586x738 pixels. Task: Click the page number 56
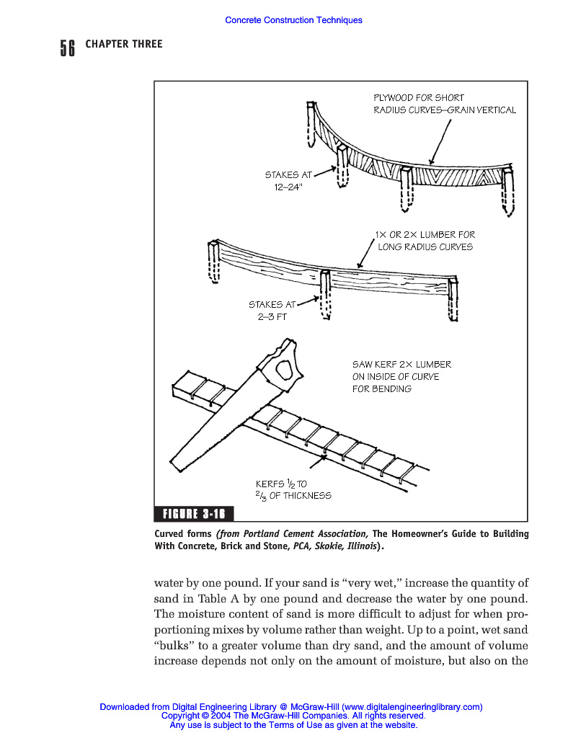[x=67, y=48]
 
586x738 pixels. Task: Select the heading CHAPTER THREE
[x=124, y=44]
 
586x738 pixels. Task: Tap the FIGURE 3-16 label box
[x=194, y=513]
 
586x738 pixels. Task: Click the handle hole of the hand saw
[x=284, y=369]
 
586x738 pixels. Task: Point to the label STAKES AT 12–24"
[x=288, y=180]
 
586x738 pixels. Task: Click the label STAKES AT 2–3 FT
[x=271, y=310]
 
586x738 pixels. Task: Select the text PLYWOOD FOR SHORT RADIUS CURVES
[x=444, y=104]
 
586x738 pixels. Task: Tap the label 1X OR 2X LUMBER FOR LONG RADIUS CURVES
[x=425, y=241]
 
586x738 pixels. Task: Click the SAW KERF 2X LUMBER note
[x=401, y=376]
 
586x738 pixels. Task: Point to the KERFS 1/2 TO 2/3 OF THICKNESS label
[x=293, y=489]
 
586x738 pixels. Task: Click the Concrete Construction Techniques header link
[x=293, y=20]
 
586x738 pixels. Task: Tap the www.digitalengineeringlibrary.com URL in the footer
[x=412, y=707]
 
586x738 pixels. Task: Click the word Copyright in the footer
[x=179, y=716]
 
